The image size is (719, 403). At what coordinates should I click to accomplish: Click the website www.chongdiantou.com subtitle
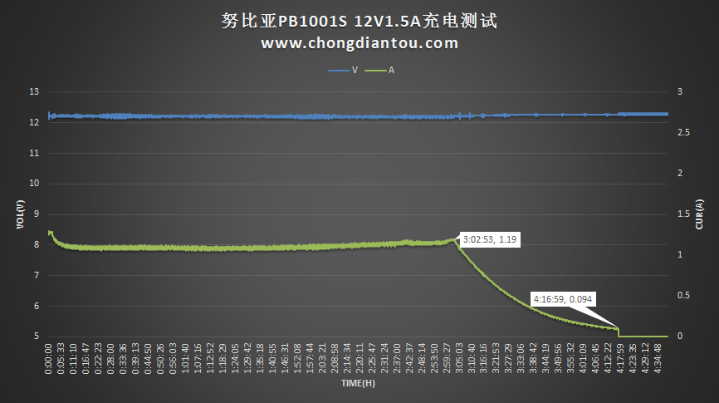(359, 43)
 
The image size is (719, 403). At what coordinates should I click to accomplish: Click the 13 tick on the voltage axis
(34, 92)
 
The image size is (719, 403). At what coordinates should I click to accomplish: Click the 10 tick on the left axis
(34, 184)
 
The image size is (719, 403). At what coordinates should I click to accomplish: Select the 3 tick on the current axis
(679, 92)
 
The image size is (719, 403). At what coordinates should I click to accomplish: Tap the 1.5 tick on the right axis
(682, 214)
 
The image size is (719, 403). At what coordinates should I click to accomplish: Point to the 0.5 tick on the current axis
(682, 296)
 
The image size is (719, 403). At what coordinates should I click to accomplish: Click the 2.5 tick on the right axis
(682, 133)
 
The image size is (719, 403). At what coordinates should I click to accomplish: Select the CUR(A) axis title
(699, 214)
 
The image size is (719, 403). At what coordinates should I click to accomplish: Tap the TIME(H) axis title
(359, 385)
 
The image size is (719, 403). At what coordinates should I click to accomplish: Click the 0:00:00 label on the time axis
(50, 358)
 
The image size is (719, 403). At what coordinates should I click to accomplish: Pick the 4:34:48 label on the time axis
(658, 358)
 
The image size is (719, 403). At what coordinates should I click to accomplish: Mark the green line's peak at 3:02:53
(455, 239)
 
